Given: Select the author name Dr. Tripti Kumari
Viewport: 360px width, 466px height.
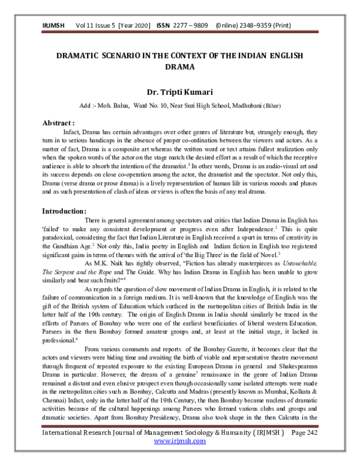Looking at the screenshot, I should point(179,92).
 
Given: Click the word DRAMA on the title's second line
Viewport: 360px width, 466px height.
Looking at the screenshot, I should point(179,68).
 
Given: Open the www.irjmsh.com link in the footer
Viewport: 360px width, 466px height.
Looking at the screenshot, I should point(179,457).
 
